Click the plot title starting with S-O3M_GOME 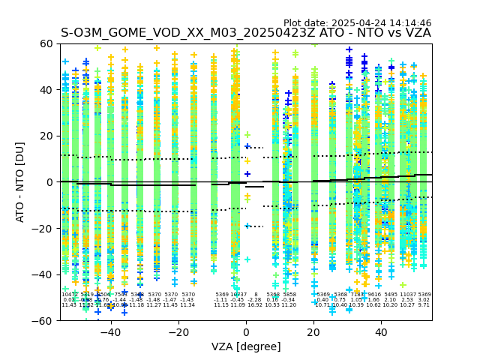coord(246,33)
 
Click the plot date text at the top coord(357,23)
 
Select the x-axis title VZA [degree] coord(246,346)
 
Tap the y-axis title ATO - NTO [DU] coord(20,181)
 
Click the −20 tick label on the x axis coord(178,331)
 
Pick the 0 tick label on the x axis coord(246,331)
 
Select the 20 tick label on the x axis coord(313,331)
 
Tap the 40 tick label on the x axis coord(381,331)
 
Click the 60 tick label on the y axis coord(46,43)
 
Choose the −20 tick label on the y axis coord(43,228)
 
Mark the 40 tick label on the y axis coord(46,90)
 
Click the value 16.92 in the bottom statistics coord(255,305)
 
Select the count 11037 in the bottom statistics coord(408,295)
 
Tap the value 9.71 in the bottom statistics coord(424,305)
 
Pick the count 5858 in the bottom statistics coord(289,295)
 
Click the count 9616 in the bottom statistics coord(374,295)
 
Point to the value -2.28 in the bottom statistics coord(255,300)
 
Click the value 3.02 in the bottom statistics coord(424,300)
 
